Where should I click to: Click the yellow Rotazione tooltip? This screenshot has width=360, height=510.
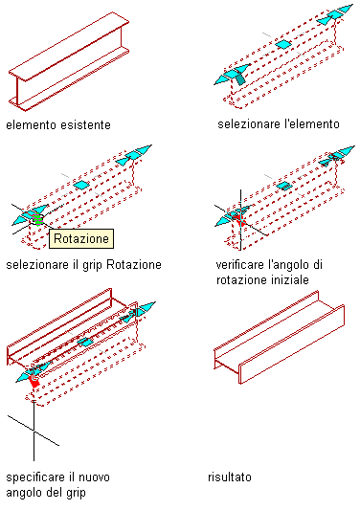tap(81, 239)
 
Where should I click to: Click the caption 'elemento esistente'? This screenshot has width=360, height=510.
tap(58, 125)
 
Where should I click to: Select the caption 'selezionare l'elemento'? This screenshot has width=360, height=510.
tap(279, 124)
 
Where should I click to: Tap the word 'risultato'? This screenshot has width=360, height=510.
tap(230, 477)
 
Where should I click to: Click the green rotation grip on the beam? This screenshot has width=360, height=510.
tap(37, 219)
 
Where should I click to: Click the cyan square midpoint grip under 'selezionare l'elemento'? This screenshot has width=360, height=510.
tap(283, 44)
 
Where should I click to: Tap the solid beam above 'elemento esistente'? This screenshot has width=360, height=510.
tap(69, 62)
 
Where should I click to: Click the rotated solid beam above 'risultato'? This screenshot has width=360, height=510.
tap(279, 338)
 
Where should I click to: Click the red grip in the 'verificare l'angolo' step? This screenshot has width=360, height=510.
tap(240, 219)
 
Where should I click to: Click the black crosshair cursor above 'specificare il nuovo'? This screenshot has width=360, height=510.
tap(34, 431)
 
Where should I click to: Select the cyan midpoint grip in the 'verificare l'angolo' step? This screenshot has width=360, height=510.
tap(284, 186)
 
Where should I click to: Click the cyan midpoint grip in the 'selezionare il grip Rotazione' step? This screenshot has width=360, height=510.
tap(81, 185)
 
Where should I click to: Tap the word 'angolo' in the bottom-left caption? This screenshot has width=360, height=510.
tap(24, 493)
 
